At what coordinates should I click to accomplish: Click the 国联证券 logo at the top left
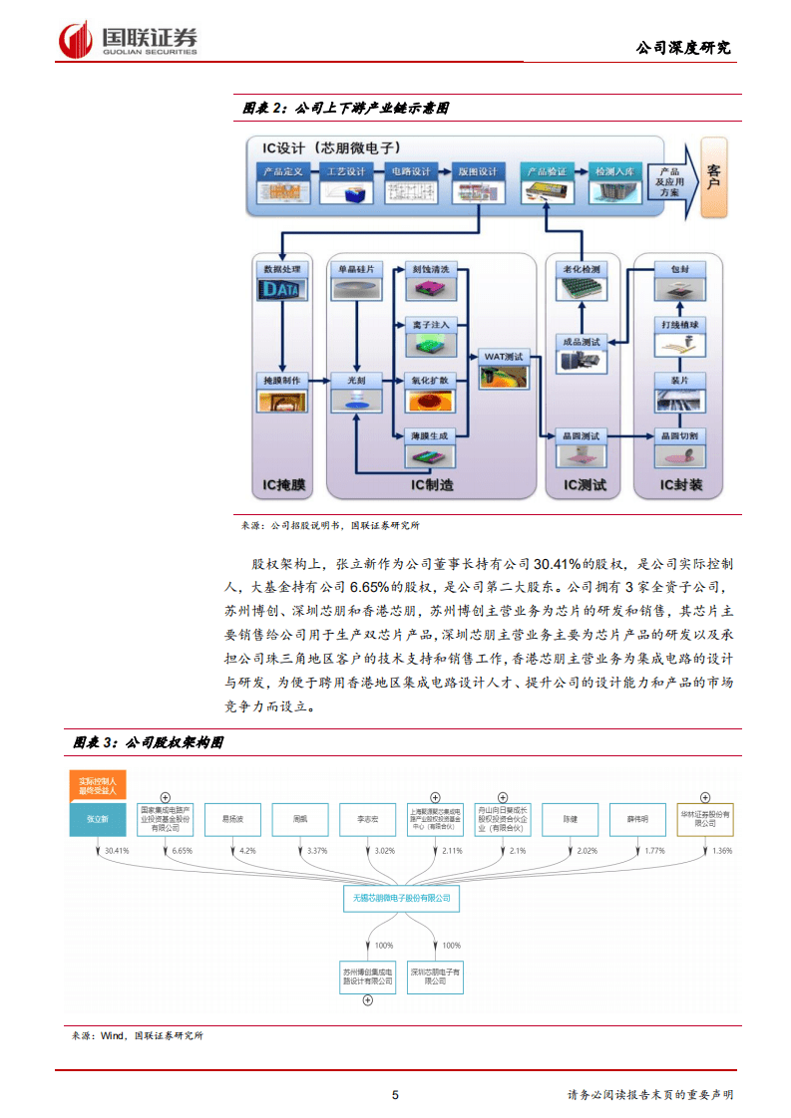click(x=129, y=39)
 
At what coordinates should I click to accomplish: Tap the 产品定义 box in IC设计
click(x=282, y=172)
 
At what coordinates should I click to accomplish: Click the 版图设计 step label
click(x=477, y=172)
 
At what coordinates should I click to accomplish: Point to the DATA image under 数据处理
click(x=281, y=290)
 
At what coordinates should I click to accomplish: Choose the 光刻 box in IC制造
click(x=356, y=382)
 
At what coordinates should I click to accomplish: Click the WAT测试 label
click(x=504, y=356)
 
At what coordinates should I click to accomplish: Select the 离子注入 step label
click(x=431, y=325)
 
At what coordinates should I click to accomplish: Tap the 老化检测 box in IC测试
click(x=582, y=270)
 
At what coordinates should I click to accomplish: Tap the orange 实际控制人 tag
click(x=98, y=784)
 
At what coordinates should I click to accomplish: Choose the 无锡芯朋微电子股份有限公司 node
click(x=402, y=898)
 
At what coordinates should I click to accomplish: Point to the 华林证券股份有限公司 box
click(x=704, y=818)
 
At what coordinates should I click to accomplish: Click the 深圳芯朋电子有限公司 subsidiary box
click(x=435, y=976)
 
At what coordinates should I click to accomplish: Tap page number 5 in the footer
click(x=395, y=1095)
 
